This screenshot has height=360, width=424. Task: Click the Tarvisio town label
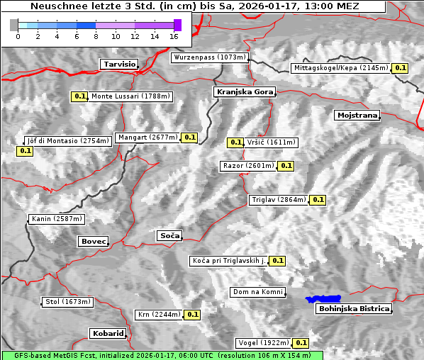click(x=119, y=64)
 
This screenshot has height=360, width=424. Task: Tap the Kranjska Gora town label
click(x=243, y=92)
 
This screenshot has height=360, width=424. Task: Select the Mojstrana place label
click(x=357, y=115)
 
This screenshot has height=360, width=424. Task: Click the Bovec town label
click(x=93, y=242)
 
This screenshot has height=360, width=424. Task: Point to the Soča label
click(x=169, y=235)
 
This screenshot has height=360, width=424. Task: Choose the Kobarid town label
click(x=108, y=333)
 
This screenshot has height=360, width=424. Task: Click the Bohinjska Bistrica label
click(x=354, y=308)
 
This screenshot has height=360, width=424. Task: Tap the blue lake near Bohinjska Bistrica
click(x=323, y=299)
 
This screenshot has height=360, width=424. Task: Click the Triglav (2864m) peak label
click(x=279, y=200)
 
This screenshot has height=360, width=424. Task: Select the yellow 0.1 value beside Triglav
click(x=318, y=200)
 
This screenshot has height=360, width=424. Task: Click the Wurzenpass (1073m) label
click(x=209, y=57)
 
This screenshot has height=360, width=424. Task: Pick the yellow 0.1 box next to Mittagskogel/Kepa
click(x=401, y=68)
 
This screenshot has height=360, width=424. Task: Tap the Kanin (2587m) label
click(x=57, y=219)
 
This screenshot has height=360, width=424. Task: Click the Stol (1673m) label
click(x=68, y=302)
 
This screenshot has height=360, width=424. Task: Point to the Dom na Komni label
click(x=257, y=292)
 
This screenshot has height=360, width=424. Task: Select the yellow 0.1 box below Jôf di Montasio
click(x=25, y=151)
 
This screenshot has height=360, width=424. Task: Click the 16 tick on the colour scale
click(x=174, y=35)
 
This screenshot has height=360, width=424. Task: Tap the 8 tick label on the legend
click(x=96, y=35)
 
